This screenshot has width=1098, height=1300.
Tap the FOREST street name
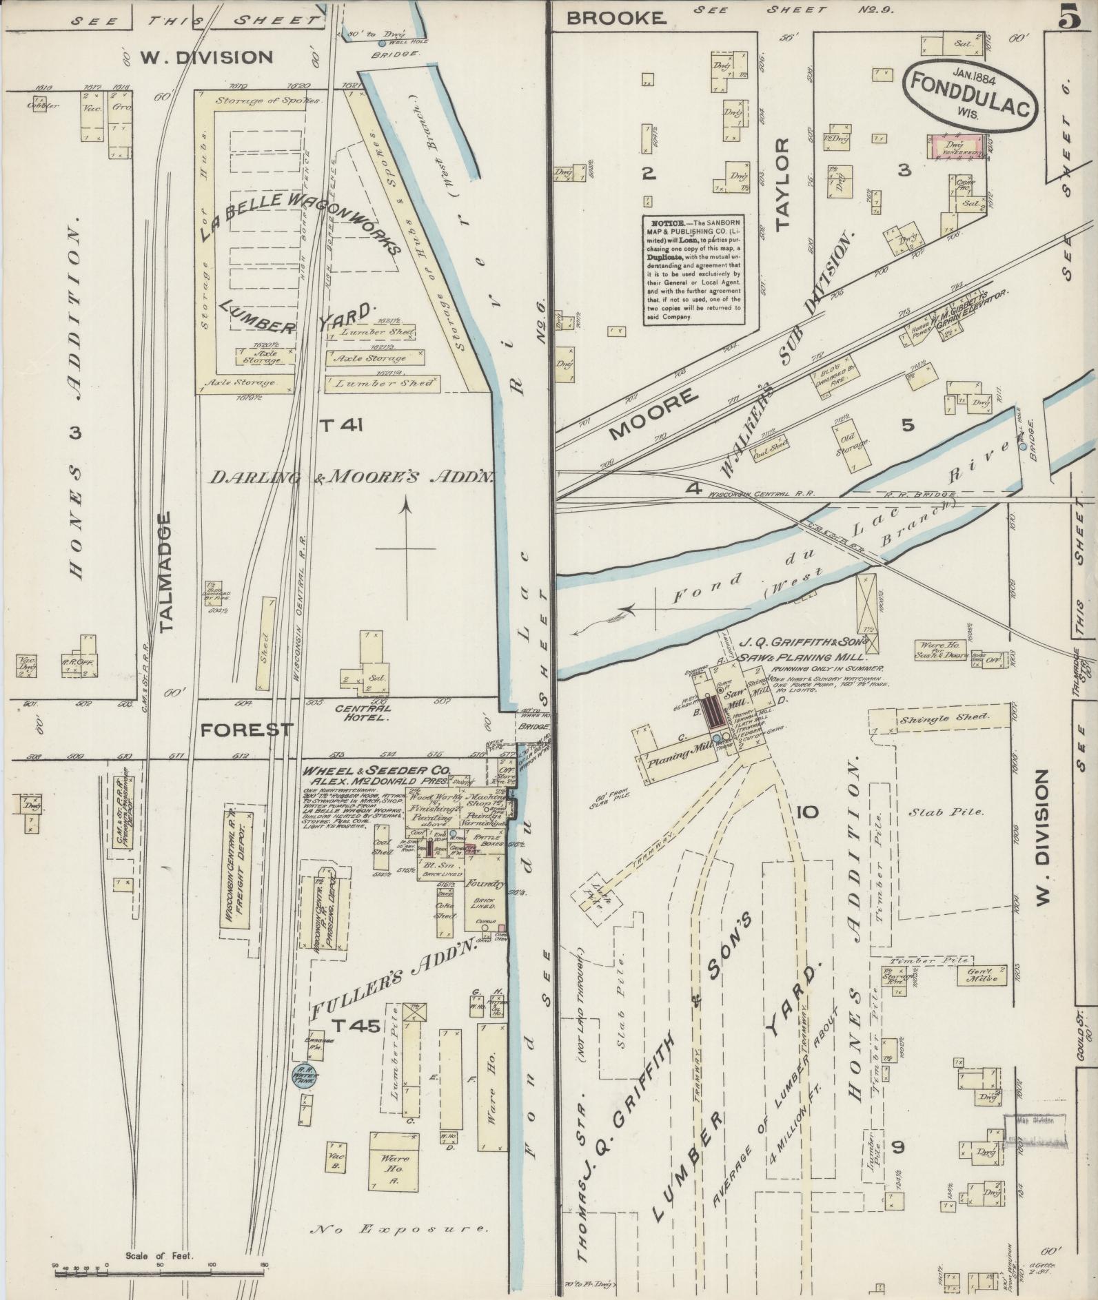click(x=246, y=730)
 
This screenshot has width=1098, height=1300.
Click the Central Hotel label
click(x=363, y=712)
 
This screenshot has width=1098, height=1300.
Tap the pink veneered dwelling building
click(x=955, y=148)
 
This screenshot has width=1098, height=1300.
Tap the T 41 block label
click(x=340, y=426)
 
